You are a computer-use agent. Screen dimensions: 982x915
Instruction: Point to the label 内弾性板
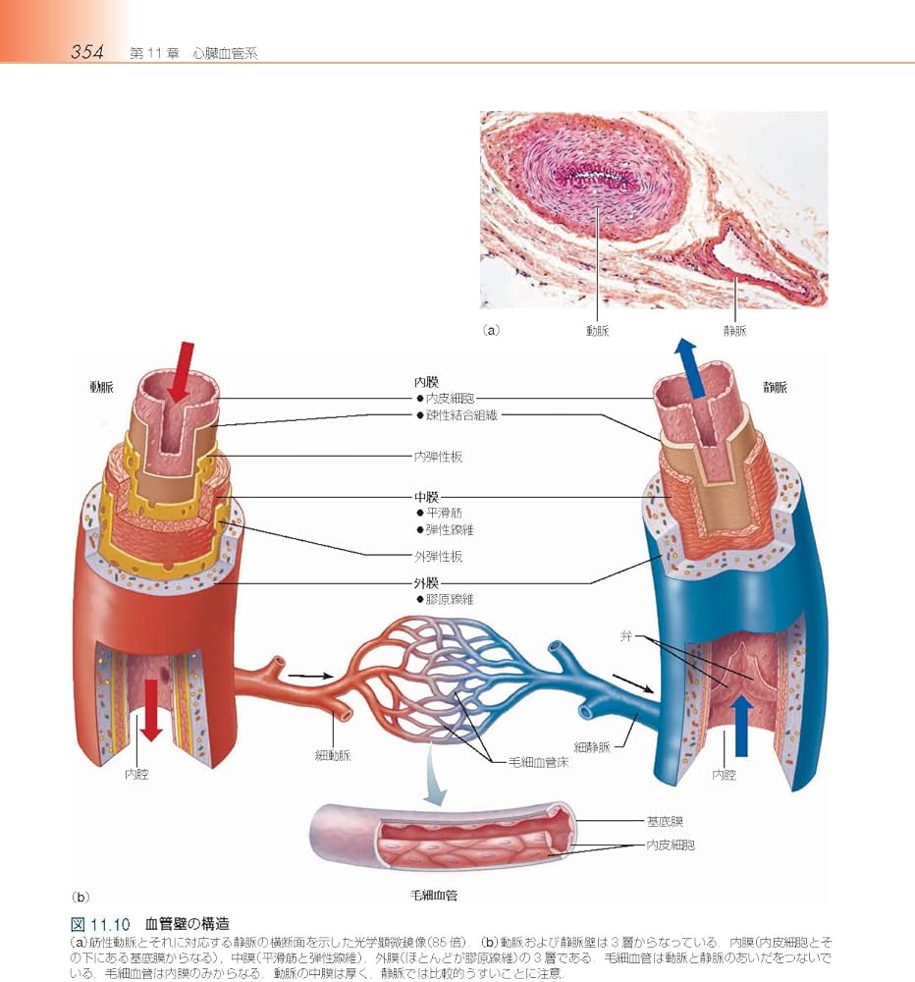pyautogui.click(x=438, y=457)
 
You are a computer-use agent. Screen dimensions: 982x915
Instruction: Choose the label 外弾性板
pyautogui.click(x=438, y=556)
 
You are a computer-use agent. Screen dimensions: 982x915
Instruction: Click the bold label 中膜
pyautogui.click(x=425, y=497)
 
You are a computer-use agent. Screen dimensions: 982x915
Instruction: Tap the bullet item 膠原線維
pyautogui.click(x=450, y=598)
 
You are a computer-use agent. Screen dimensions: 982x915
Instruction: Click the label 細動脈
pyautogui.click(x=334, y=755)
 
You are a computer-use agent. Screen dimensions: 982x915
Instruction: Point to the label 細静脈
pyautogui.click(x=592, y=746)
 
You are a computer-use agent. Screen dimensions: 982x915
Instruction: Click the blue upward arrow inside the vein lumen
pyautogui.click(x=742, y=725)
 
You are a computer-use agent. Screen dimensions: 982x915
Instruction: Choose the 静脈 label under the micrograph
pyautogui.click(x=734, y=331)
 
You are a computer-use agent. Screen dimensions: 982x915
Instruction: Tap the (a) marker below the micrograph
pyautogui.click(x=491, y=331)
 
